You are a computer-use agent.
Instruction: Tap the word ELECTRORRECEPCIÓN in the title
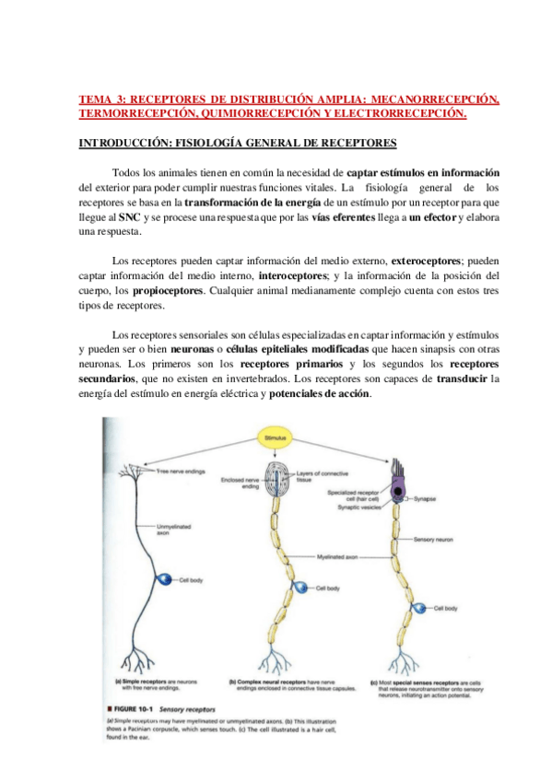407,113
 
